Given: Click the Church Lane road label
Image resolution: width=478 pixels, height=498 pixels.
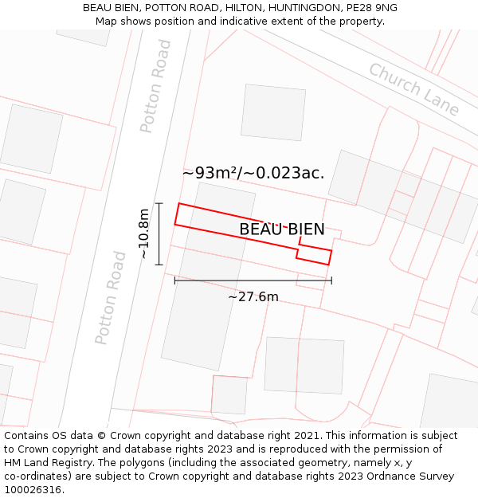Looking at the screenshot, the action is point(413,89).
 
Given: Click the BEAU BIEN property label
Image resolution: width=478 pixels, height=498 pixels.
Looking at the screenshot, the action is point(282,229).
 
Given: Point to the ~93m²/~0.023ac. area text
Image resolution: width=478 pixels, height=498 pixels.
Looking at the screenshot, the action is point(253,173).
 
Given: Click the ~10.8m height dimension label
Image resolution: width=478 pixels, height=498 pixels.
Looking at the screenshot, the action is point(143,233).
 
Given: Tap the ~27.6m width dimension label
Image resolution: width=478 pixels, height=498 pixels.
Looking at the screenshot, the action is point(253,297).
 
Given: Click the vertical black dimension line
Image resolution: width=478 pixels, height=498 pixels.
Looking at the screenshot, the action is point(159,233).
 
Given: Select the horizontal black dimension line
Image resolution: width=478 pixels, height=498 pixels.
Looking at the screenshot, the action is point(253,280).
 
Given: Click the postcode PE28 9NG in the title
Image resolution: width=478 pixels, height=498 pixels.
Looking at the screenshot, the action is point(371,8).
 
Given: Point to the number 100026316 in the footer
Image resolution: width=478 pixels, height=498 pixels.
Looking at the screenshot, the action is point(34,490).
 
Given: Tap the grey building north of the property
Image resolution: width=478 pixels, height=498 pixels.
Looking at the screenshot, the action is point(273,112).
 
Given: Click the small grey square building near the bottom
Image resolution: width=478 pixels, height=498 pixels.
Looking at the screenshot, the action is point(229,395).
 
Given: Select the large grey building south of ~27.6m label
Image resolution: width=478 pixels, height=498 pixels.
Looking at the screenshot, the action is point(304,365).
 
